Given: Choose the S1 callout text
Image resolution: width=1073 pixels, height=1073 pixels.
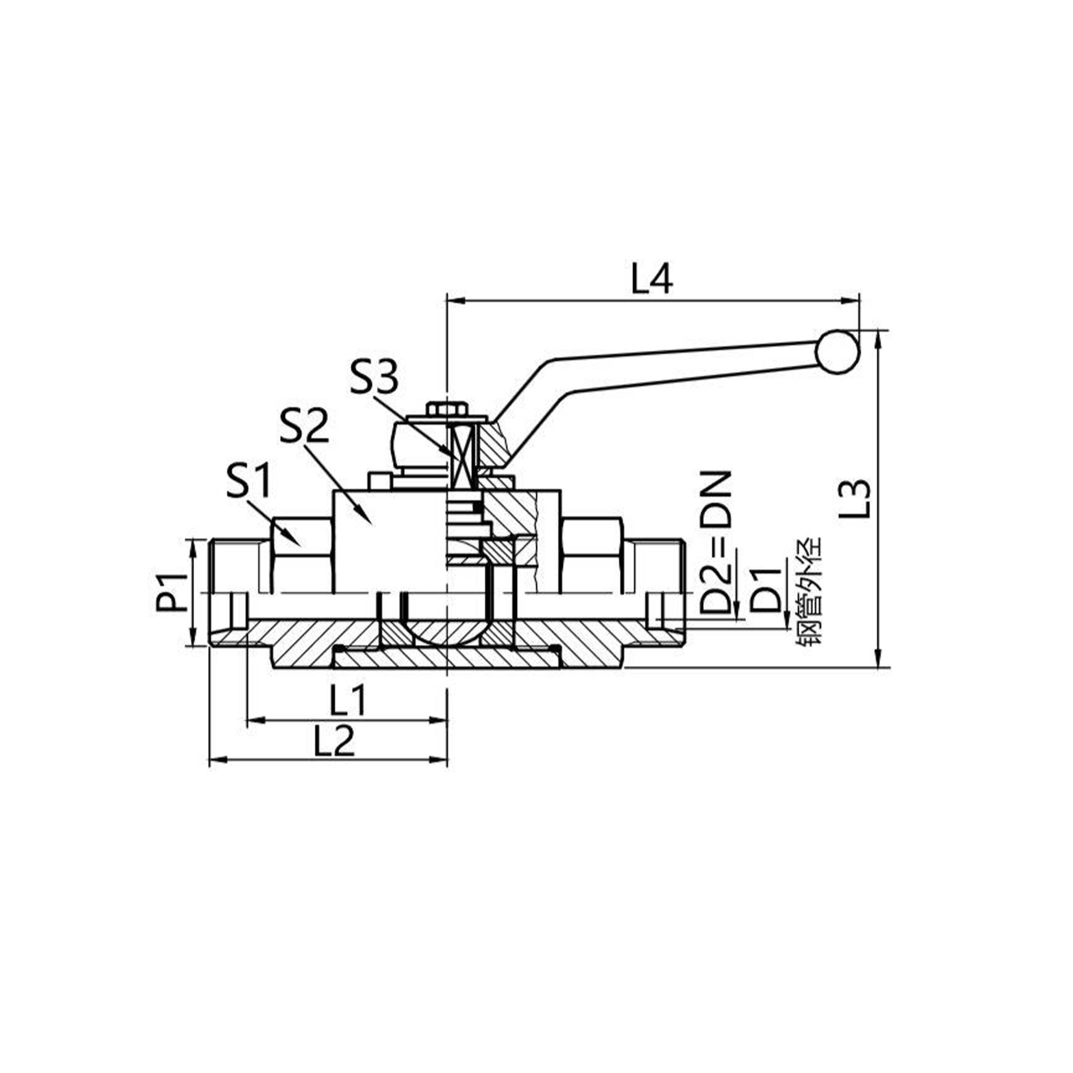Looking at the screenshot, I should pyautogui.click(x=248, y=481).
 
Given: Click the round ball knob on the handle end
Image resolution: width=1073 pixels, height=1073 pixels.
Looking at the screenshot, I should pyautogui.click(x=838, y=352).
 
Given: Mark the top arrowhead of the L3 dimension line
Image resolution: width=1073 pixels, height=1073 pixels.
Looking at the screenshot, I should pyautogui.click(x=878, y=339).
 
